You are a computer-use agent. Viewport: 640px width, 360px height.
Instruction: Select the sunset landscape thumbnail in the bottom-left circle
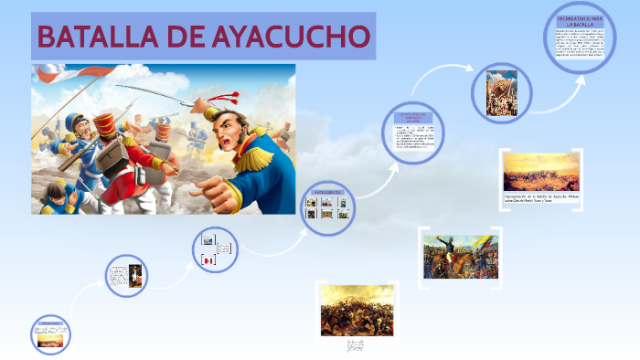49,338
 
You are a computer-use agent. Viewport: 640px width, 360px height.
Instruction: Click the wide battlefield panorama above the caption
540,171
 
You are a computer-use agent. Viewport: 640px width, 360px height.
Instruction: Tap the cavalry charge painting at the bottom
357,310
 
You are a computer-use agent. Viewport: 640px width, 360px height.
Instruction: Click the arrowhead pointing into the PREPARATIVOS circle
581,77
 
